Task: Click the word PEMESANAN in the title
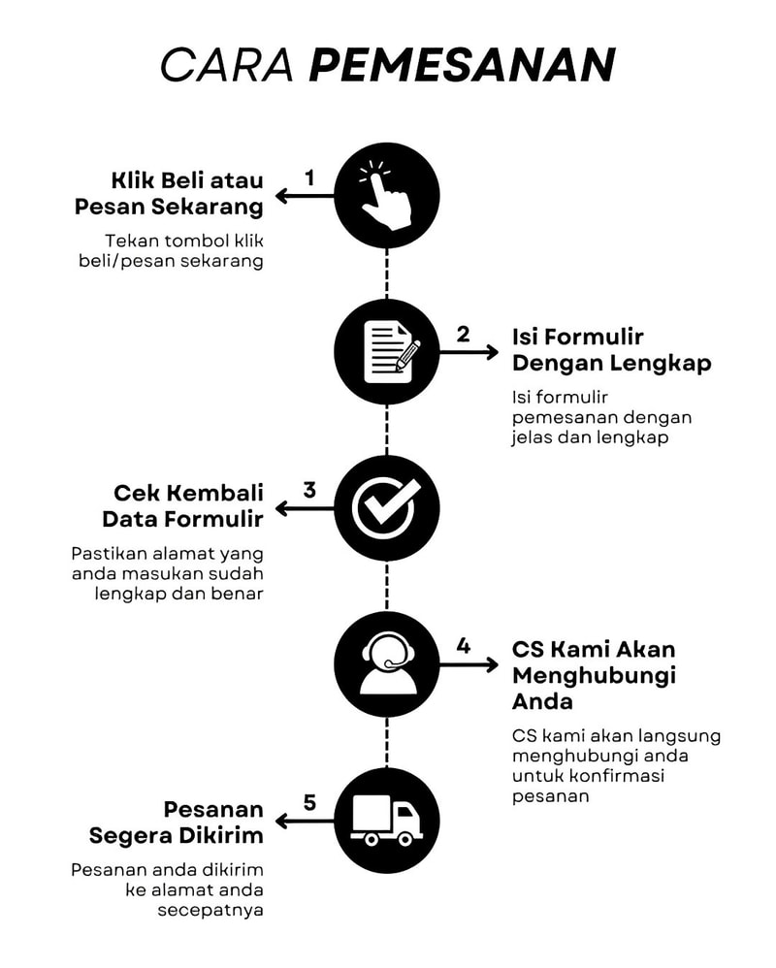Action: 463,65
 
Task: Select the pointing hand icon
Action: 386,196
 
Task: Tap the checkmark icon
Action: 386,507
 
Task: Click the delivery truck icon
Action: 386,821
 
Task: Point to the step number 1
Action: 309,177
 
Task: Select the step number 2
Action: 463,334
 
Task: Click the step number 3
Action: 309,489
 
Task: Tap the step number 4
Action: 463,645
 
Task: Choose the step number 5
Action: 309,802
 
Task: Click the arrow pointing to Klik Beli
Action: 304,197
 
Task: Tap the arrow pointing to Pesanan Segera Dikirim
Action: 304,822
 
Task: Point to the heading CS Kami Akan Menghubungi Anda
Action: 593,674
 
